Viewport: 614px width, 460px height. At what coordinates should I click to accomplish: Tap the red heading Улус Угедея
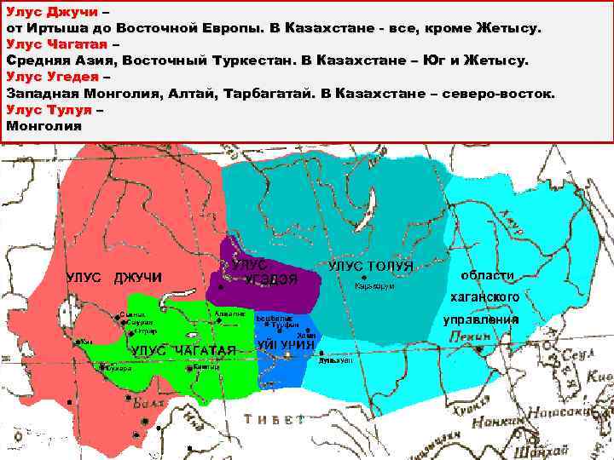52,77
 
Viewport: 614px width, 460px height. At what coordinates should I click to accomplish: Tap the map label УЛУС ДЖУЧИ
114,277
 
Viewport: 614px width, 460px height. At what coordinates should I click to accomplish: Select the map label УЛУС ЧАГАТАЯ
182,351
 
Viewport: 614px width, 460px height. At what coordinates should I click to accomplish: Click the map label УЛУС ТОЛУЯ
370,266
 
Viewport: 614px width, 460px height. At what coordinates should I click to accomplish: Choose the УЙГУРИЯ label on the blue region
286,345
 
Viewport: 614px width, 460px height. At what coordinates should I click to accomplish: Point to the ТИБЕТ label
273,419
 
